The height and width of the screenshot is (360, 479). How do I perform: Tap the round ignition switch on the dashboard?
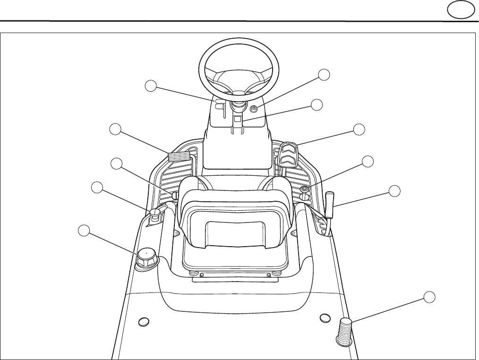254,109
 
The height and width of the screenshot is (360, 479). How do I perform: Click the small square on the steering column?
238,120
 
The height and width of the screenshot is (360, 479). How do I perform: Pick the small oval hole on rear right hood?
325,317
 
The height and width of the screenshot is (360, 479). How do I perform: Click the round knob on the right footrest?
305,189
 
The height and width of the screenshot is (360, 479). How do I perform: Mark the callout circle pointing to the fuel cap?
84,231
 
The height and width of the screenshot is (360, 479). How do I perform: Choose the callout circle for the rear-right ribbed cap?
429,297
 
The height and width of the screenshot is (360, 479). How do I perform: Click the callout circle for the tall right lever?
394,190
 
